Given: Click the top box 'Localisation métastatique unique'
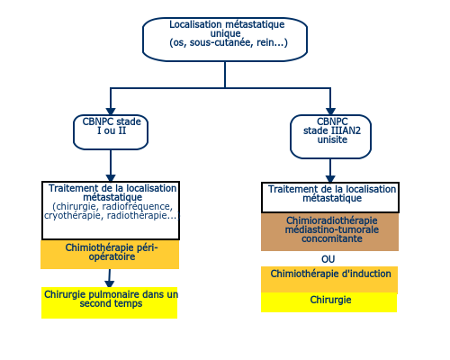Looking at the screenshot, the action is (x=225, y=40).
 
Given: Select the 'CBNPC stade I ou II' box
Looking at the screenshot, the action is (x=111, y=132).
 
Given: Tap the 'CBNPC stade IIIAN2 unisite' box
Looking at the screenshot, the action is (x=330, y=137).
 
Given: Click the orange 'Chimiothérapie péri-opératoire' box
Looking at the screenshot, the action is (x=110, y=255).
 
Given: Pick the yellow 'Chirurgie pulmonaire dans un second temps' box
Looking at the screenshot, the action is (x=110, y=302).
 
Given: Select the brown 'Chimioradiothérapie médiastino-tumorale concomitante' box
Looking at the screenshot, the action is (x=329, y=232).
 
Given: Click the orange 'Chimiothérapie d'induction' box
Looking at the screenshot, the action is (x=329, y=279).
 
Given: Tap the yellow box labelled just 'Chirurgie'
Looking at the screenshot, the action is (x=329, y=302).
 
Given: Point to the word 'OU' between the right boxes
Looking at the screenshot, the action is (x=328, y=259).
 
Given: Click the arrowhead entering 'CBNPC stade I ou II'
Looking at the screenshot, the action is (x=111, y=112).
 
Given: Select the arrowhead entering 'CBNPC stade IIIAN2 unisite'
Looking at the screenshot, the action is (x=330, y=112).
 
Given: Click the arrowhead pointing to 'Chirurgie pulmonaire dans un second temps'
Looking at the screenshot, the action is (x=110, y=283).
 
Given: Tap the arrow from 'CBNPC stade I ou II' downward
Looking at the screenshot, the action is (x=111, y=166).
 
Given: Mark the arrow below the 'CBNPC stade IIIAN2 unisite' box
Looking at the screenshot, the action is (x=330, y=170).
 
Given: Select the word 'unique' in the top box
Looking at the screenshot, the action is (x=225, y=33).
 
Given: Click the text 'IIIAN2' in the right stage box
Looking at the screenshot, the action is (x=346, y=130).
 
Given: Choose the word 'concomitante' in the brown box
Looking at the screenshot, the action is (x=332, y=238).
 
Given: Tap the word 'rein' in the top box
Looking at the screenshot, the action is (x=265, y=42).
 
